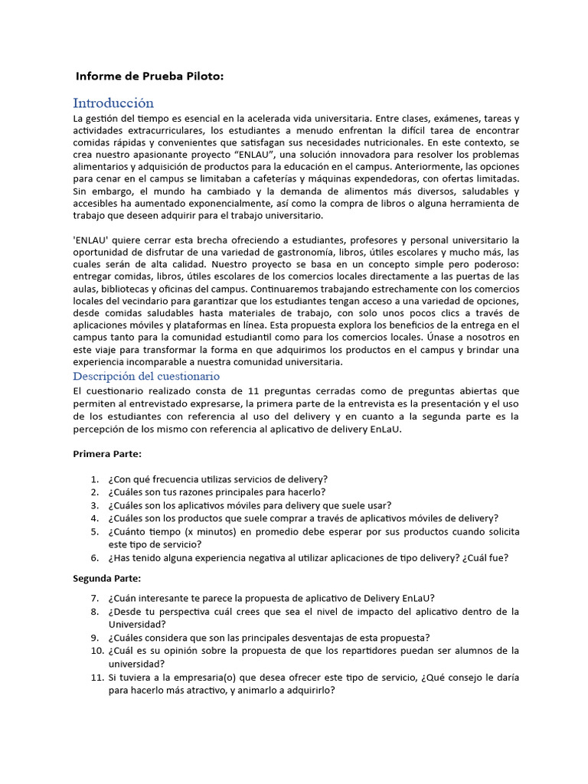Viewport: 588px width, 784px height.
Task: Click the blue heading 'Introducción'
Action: click(113, 103)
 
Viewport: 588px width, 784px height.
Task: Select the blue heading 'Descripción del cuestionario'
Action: click(146, 376)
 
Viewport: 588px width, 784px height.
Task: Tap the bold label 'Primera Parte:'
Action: click(107, 454)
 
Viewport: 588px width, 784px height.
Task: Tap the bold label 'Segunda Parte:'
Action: click(107, 577)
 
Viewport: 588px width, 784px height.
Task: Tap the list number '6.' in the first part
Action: click(94, 558)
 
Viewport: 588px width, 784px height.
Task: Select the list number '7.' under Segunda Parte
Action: click(94, 598)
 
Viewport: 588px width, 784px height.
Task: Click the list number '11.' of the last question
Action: click(92, 677)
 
